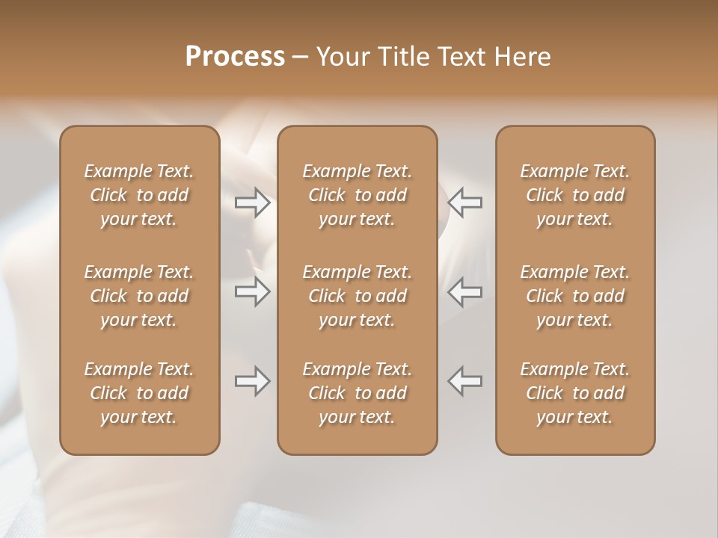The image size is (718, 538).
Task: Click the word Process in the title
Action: pos(235,57)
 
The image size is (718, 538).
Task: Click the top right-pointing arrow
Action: pos(253,202)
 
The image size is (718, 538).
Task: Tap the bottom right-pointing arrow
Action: pos(253,382)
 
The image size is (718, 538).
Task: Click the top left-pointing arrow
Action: pos(465,202)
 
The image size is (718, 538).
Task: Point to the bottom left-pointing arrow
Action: pos(465,382)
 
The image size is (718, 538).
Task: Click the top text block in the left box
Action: pos(139,195)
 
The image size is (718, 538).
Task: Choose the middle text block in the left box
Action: pos(139,296)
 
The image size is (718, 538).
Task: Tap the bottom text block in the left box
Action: pos(139,393)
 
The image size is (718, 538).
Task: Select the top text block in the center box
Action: pos(358,195)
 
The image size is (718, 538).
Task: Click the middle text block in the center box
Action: pos(358,296)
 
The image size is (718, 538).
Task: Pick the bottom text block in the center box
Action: pos(358,393)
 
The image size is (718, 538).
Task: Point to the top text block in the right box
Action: pos(575,195)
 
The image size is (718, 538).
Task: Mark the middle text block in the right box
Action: pos(575,296)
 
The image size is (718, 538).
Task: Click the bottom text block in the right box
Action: pos(575,393)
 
